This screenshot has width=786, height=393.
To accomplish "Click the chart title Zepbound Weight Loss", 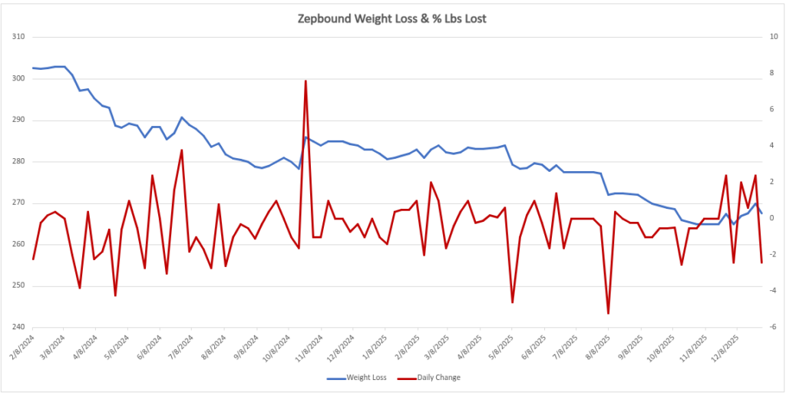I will tap(391, 18).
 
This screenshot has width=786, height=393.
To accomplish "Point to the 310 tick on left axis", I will tap(18, 37).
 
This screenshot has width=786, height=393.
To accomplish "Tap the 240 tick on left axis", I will tap(18, 327).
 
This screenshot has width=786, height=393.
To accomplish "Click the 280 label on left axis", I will tap(18, 161).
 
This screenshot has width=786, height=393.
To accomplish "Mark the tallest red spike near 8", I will tap(305, 81).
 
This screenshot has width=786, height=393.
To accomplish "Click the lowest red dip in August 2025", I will tap(608, 313).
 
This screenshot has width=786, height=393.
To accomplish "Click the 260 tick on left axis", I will tap(18, 244).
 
